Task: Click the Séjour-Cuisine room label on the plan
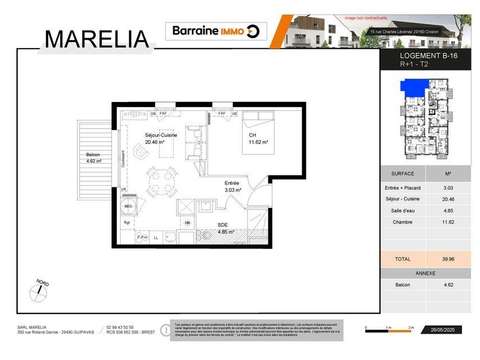click(160, 138)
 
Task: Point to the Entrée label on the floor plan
click(231, 182)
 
